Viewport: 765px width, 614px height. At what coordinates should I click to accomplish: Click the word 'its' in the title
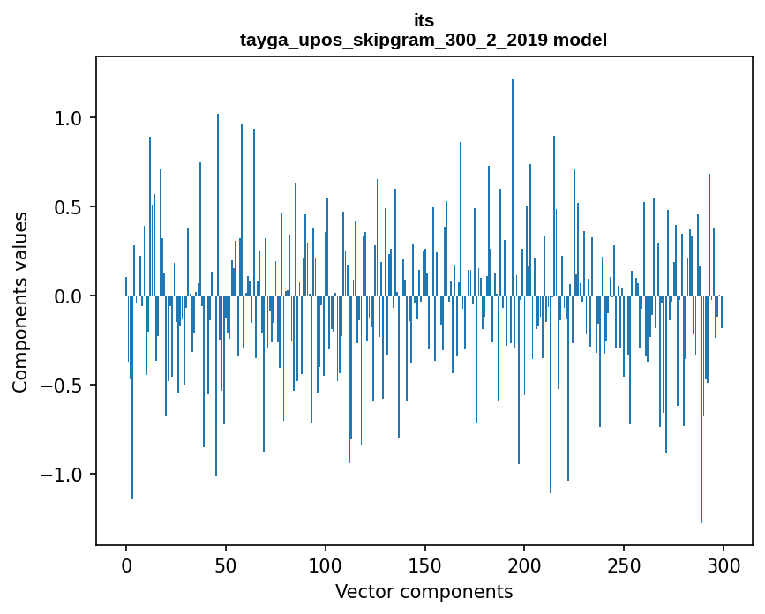(x=424, y=20)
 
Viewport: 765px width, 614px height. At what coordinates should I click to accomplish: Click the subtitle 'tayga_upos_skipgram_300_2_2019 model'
(x=424, y=40)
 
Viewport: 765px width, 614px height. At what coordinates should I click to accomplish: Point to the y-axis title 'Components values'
(x=20, y=302)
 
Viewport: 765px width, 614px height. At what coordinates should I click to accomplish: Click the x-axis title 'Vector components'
(x=424, y=591)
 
